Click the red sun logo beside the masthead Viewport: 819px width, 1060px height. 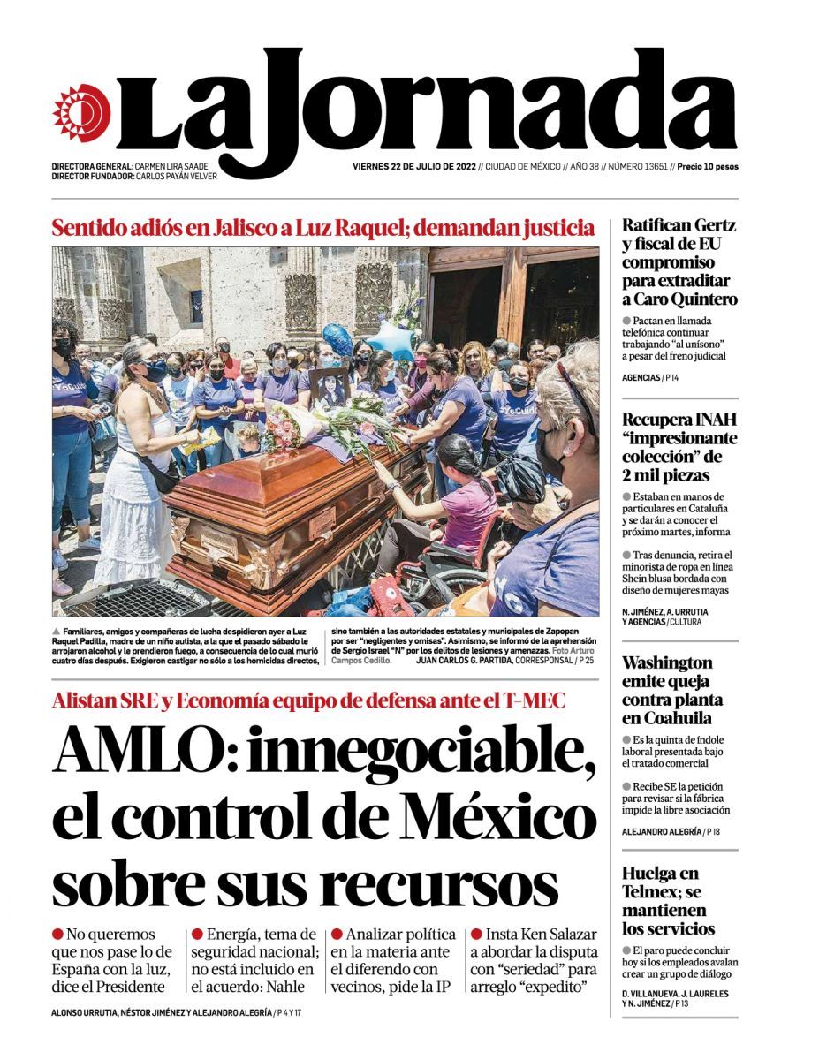(x=81, y=112)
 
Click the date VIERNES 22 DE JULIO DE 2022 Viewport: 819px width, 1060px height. (x=413, y=166)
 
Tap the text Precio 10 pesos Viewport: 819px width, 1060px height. (x=707, y=166)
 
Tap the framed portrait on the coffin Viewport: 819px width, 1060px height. (x=330, y=389)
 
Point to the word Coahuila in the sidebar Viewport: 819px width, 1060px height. (x=667, y=718)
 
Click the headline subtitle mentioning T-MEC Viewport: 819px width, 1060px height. (x=308, y=701)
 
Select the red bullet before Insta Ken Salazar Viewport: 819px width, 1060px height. (x=476, y=934)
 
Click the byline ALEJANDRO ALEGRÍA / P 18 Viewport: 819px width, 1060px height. (x=670, y=832)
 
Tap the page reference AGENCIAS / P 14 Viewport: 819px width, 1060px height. (x=650, y=378)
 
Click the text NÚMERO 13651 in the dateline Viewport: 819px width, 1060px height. (x=637, y=166)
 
